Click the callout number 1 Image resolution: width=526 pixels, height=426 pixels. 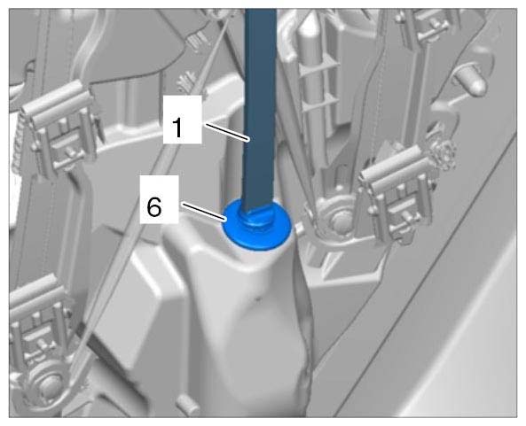177,128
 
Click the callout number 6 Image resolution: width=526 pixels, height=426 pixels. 154,207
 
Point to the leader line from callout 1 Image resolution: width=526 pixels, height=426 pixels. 228,133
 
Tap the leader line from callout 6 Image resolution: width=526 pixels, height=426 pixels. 204,212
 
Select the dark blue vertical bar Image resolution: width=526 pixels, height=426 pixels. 260,111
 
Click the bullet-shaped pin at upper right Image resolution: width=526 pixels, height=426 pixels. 469,81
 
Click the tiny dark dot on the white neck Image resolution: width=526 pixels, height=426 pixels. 257,298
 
